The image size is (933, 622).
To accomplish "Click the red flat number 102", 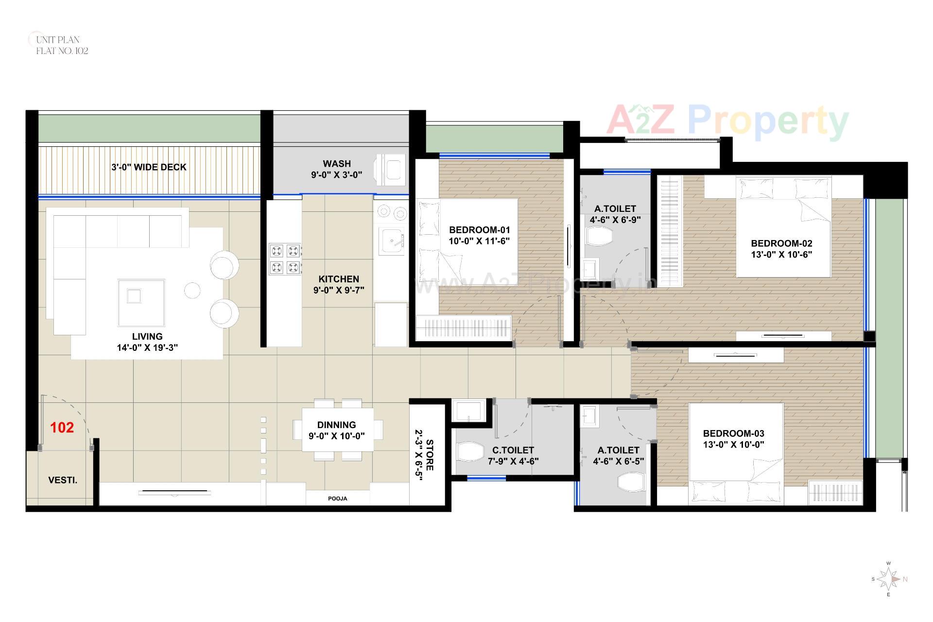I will [62, 428].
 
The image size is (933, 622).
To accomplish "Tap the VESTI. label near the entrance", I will [63, 480].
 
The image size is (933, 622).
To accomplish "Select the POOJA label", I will [337, 499].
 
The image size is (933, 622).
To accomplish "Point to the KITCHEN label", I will [339, 279].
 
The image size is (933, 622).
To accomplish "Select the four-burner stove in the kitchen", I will [285, 259].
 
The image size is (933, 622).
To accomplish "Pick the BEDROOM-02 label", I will [781, 243].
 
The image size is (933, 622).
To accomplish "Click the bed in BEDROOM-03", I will [736, 452].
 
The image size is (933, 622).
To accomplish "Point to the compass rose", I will [888, 579].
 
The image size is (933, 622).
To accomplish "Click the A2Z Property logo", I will [727, 121].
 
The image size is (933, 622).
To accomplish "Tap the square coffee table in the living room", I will [141, 302].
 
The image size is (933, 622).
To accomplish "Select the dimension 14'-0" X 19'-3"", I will [147, 347].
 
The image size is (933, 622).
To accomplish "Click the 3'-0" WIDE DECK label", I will [149, 167].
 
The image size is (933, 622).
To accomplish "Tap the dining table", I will [337, 430].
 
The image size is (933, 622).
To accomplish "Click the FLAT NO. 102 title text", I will [62, 51].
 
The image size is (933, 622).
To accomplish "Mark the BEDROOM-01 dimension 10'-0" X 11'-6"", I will [479, 241].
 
